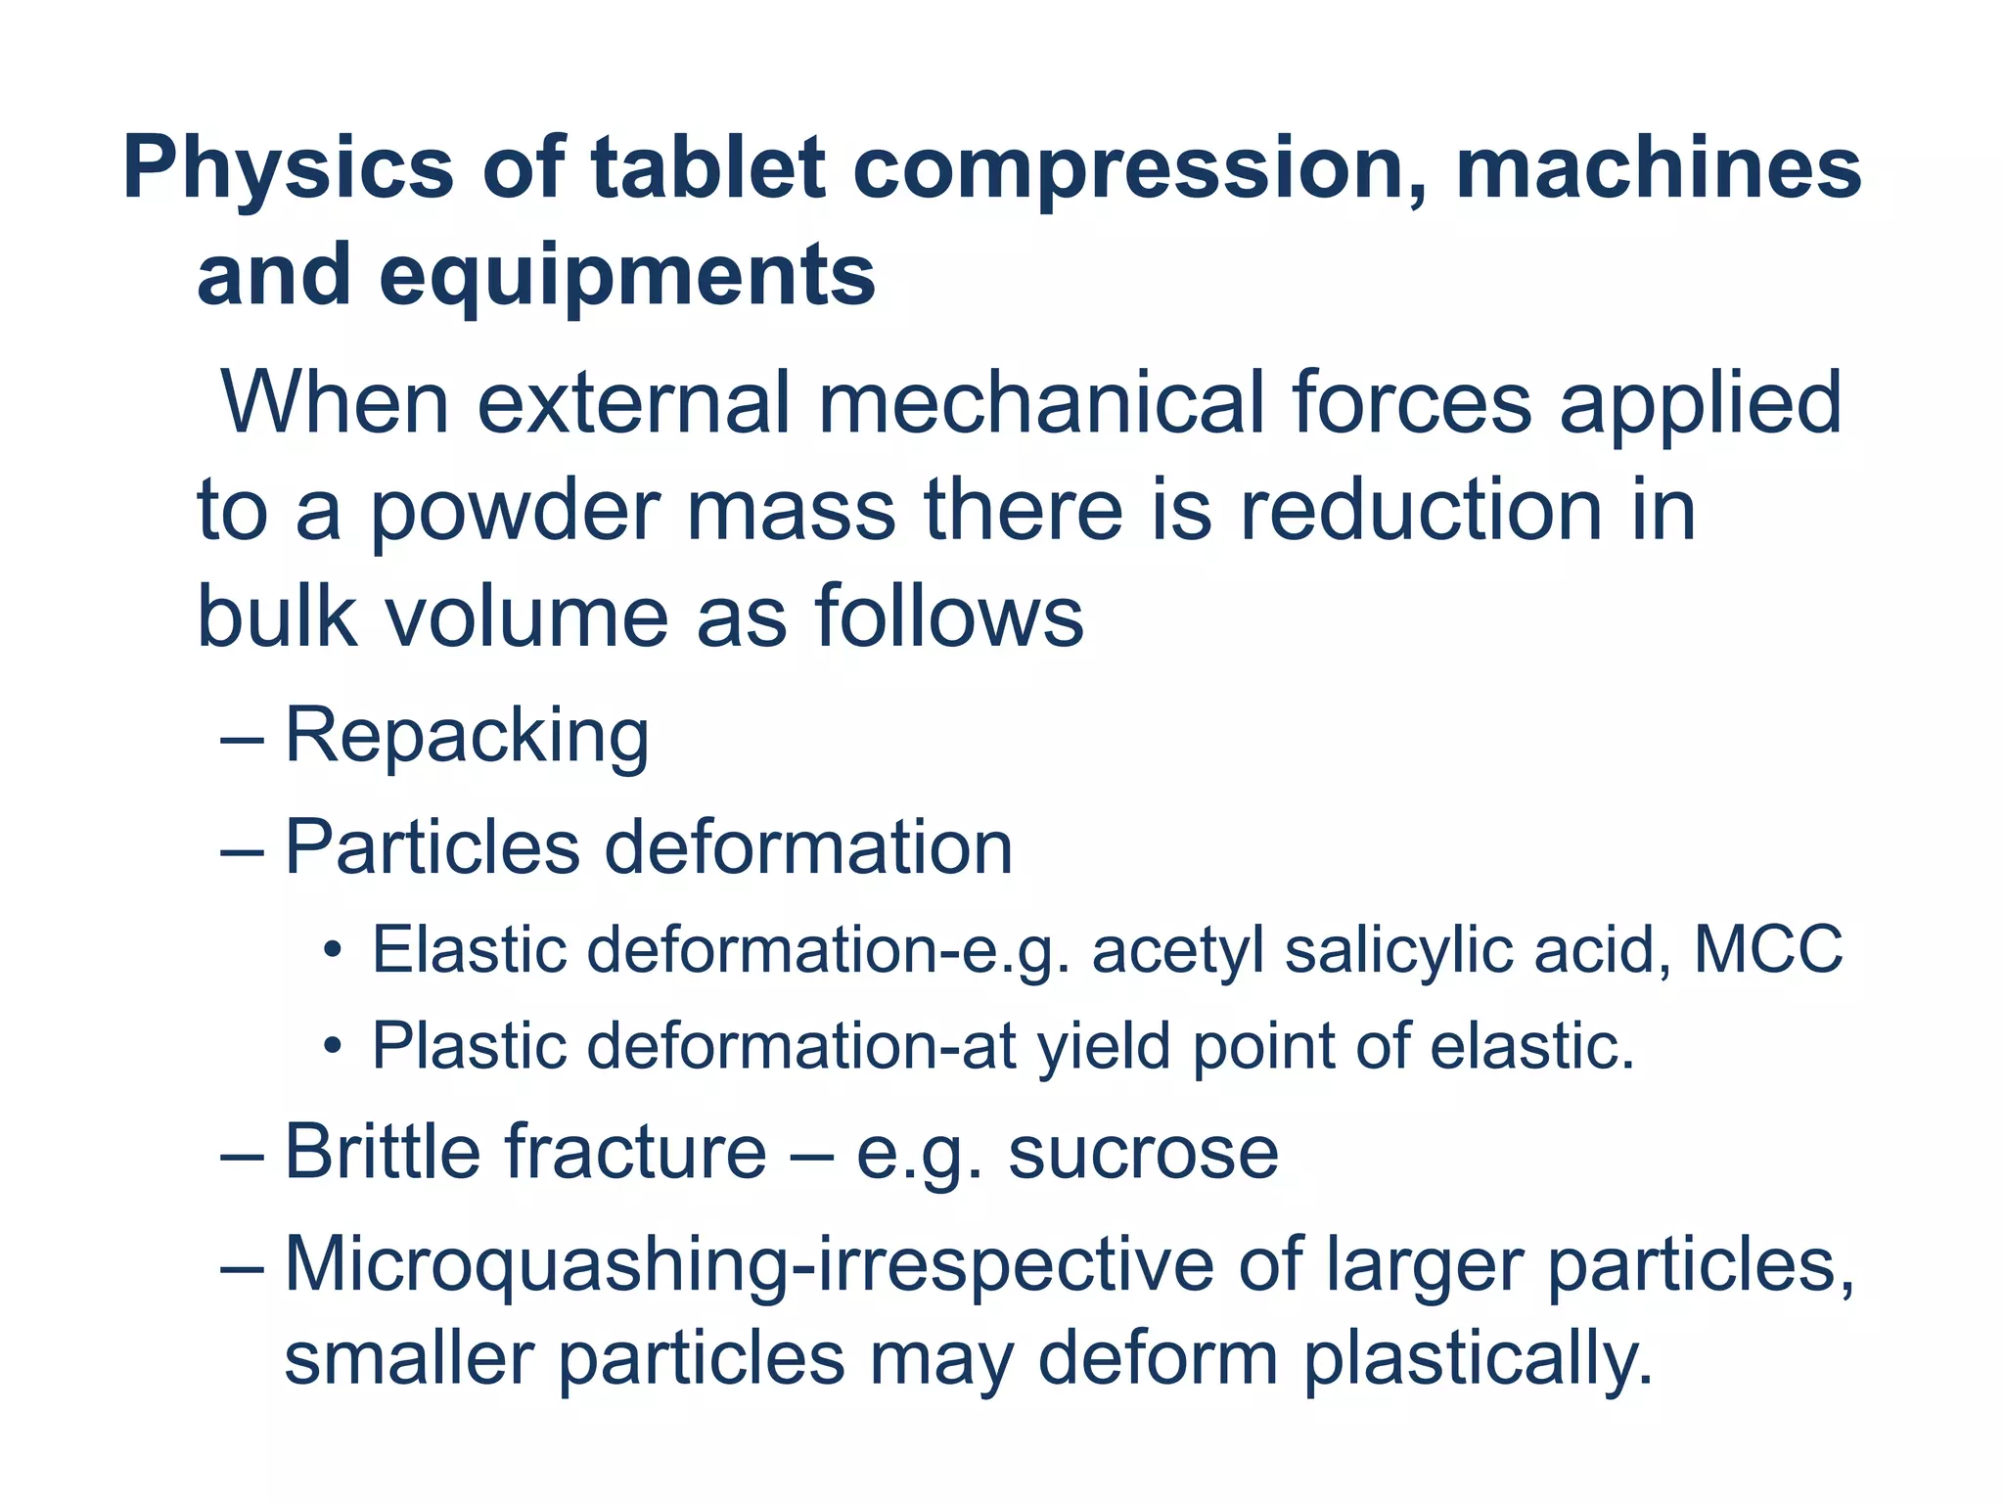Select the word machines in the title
[1659, 169]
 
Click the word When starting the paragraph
[335, 403]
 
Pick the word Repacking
[467, 736]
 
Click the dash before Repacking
[242, 739]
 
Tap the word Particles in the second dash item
[433, 847]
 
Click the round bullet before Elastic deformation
[333, 951]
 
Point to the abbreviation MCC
[1768, 949]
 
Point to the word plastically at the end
[1478, 1360]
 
